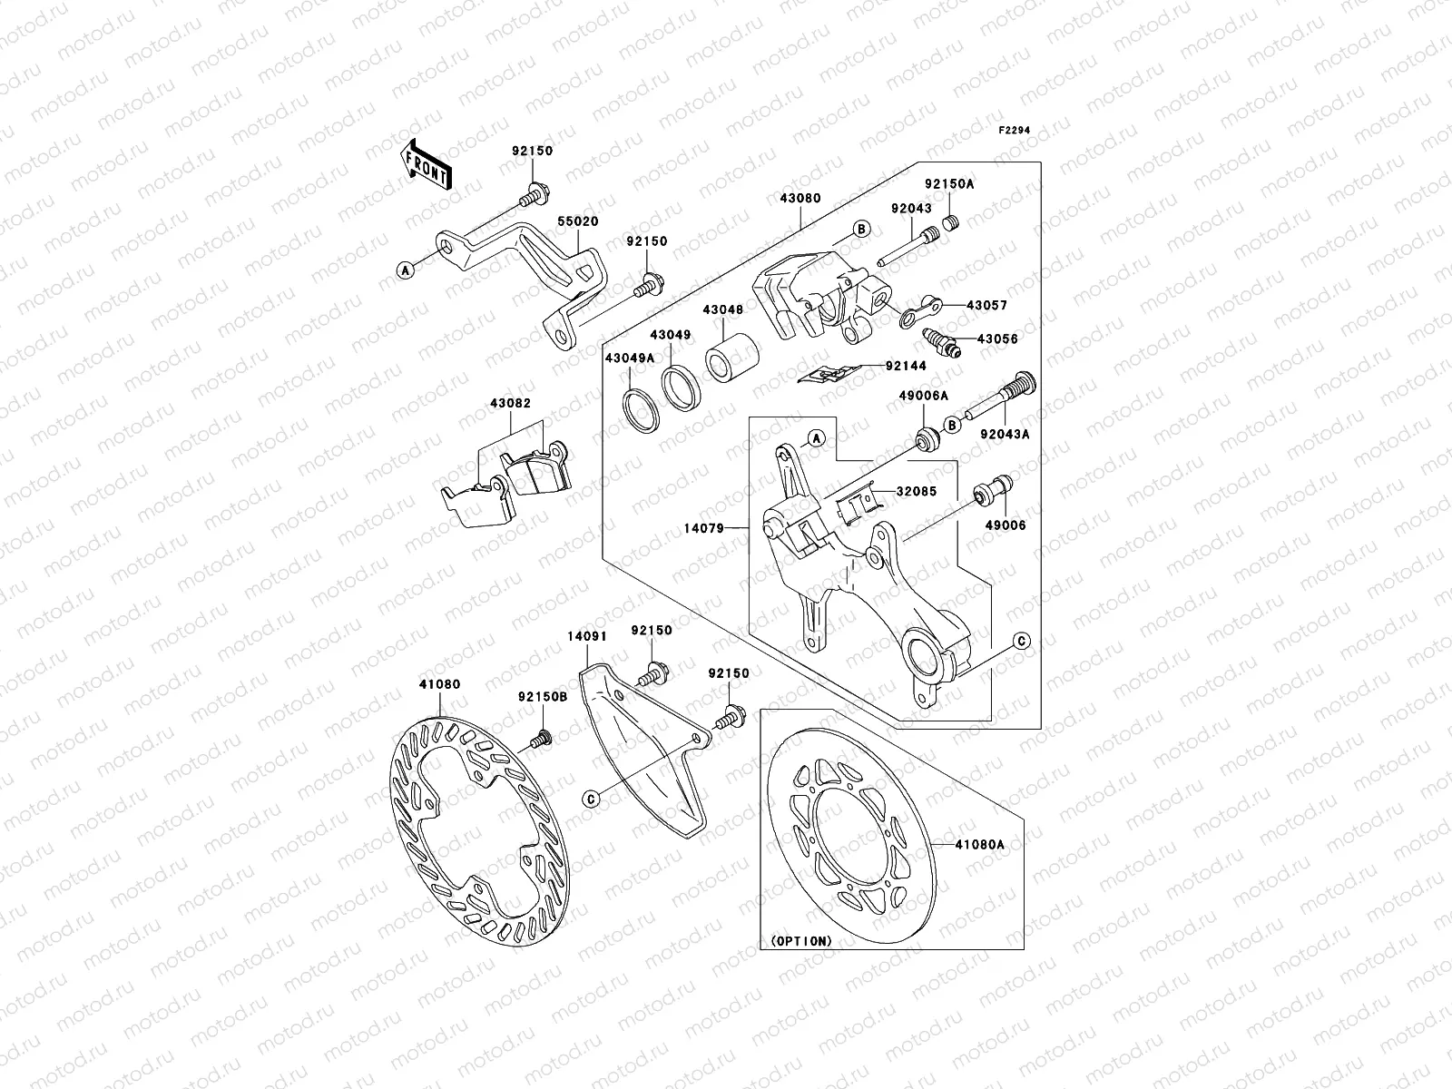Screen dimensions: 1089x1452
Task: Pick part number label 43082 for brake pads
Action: point(510,402)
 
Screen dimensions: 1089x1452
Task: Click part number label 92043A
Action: point(1004,434)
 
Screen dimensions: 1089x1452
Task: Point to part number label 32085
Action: point(917,491)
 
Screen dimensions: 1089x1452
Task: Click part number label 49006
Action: point(1004,525)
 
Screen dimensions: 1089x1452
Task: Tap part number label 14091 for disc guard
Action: point(586,637)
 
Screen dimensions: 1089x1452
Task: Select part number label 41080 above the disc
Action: point(439,685)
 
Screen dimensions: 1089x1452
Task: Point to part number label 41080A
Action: point(979,844)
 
